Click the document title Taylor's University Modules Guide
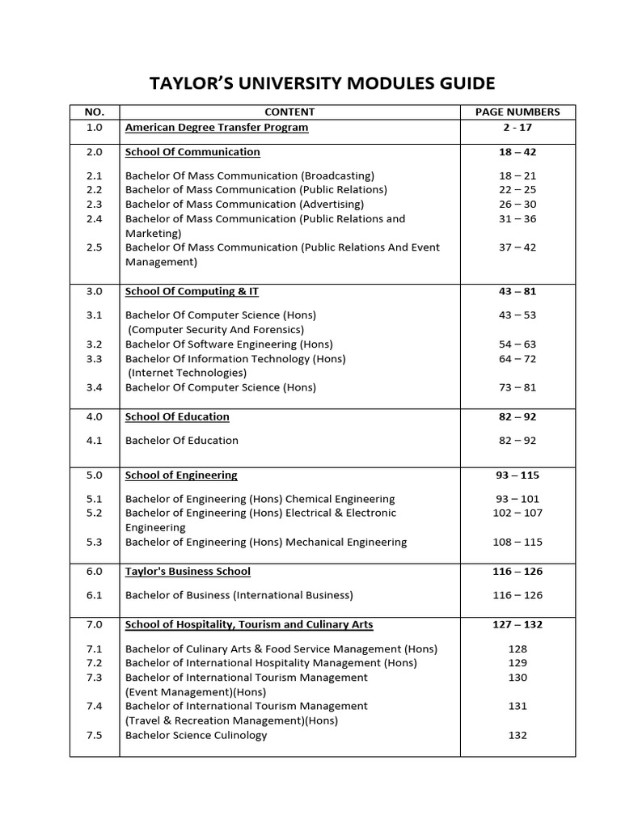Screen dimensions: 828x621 coord(323,83)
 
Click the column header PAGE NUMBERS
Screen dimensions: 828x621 coord(517,112)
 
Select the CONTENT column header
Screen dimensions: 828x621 coord(289,112)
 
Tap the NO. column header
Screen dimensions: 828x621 coord(95,112)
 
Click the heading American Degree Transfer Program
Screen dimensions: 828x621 coord(217,128)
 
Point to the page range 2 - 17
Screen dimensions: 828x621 coord(517,128)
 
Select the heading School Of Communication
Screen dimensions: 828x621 coord(192,152)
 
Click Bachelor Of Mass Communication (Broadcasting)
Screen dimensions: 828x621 coord(250,175)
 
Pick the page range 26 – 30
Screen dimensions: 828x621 coord(517,205)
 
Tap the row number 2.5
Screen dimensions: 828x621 coord(95,247)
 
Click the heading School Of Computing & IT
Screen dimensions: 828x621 coord(192,291)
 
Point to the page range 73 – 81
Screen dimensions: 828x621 coord(517,387)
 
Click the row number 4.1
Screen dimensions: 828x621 coord(95,441)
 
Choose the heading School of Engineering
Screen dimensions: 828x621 coord(181,475)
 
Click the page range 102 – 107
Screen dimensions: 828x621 coord(517,513)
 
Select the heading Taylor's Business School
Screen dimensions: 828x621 coord(188,572)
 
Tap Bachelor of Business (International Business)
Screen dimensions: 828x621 coord(239,595)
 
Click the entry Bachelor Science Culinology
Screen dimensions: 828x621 coord(196,735)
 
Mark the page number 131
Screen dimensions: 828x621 coord(517,706)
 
